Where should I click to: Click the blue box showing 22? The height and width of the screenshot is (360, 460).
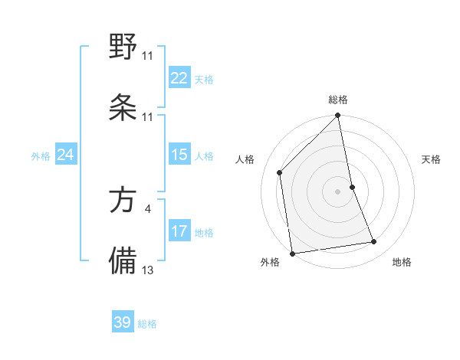(x=179, y=78)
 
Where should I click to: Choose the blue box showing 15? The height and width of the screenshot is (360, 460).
(x=179, y=155)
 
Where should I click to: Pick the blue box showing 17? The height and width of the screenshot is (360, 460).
(x=179, y=231)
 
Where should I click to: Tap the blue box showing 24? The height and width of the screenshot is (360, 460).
(x=65, y=155)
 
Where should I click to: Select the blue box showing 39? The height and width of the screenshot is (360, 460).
(x=123, y=322)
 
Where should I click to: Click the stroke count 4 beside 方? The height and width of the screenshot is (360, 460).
(x=147, y=208)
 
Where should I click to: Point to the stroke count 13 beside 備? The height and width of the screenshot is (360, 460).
(x=148, y=270)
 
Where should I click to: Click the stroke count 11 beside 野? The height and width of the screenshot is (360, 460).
(x=147, y=55)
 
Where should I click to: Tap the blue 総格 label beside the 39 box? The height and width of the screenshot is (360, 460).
(x=147, y=324)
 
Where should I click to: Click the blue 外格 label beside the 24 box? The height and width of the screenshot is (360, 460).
(x=41, y=156)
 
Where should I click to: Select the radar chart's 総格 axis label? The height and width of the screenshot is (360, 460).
(x=338, y=100)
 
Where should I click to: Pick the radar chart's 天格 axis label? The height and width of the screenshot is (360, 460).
(x=432, y=159)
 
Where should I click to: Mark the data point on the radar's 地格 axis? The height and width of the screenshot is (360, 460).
(x=374, y=242)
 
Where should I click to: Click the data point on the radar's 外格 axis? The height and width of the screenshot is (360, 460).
(x=292, y=253)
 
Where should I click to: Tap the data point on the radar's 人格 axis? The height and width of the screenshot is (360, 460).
(x=280, y=172)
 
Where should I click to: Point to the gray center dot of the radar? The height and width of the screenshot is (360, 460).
(x=338, y=191)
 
